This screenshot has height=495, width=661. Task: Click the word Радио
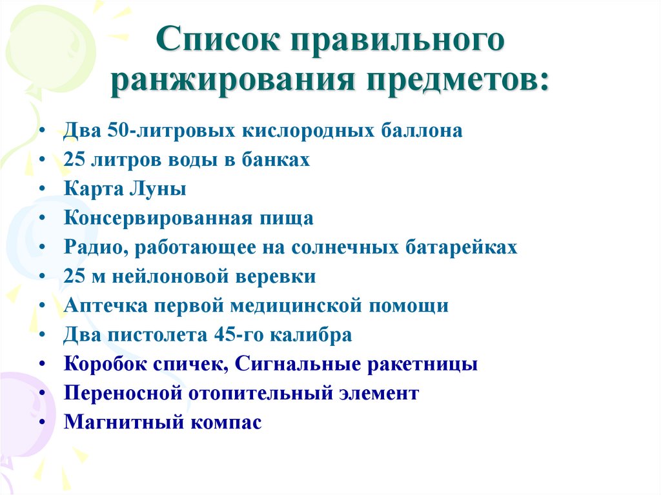(x=91, y=247)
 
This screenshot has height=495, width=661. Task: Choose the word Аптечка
(x=106, y=306)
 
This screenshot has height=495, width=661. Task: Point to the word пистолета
(x=158, y=336)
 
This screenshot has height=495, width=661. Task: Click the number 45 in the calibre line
(x=230, y=336)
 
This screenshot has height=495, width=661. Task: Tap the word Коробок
(x=104, y=365)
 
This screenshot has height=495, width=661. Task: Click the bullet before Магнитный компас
(x=42, y=423)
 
